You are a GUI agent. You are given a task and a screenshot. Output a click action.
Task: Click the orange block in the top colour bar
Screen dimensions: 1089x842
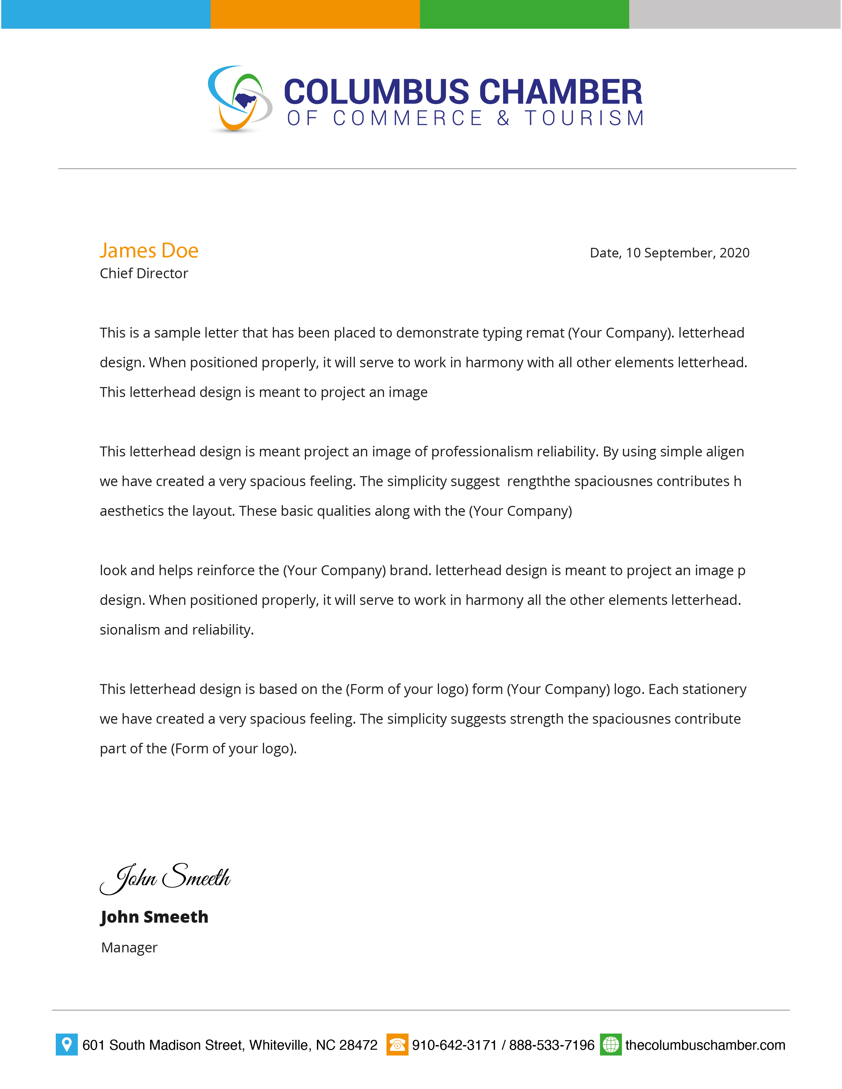click(315, 14)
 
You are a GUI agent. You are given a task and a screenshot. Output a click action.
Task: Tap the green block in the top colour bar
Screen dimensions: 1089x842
click(524, 14)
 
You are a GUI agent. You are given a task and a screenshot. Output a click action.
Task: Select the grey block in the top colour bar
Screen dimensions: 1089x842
click(734, 14)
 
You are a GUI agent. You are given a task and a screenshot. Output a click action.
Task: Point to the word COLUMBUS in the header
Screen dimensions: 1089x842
click(377, 92)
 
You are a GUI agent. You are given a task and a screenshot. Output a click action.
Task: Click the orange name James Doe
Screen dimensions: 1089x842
click(149, 250)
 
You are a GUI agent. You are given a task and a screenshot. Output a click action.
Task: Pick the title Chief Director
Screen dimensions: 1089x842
click(144, 273)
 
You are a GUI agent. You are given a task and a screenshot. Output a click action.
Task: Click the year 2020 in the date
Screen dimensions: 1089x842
click(734, 253)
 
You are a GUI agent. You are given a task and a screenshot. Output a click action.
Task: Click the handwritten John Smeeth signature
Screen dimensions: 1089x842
click(165, 878)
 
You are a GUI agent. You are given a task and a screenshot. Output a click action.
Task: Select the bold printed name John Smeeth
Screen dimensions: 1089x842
click(154, 916)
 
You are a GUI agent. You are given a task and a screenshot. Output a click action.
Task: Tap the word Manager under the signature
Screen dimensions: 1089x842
click(129, 947)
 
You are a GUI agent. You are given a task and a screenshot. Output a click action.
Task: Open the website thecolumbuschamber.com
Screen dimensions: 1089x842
click(705, 1045)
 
